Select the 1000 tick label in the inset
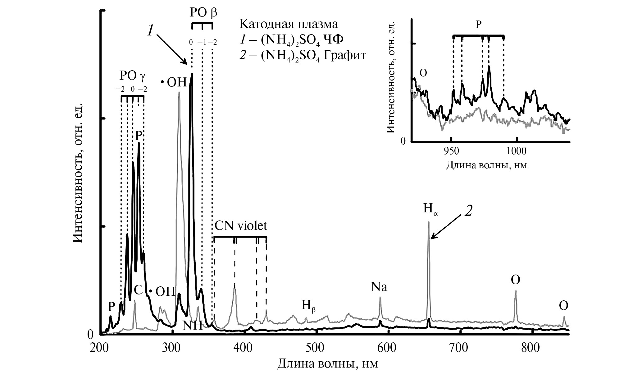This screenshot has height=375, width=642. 517,151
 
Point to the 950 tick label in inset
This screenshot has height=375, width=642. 451,151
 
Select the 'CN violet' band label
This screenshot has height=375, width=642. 241,226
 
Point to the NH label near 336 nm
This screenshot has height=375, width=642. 193,326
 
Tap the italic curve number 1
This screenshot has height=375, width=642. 150,31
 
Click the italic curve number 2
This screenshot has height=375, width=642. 468,211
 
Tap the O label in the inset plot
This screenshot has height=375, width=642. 423,73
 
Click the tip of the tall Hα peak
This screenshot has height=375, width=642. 429,222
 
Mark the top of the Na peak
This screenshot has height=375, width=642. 380,297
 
